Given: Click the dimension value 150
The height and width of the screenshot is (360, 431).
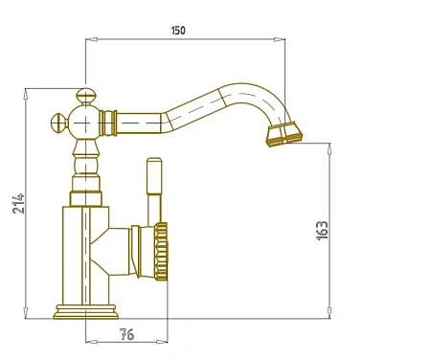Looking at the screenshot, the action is pos(178,31).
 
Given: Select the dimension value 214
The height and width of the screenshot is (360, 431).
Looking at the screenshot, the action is pos(18,203).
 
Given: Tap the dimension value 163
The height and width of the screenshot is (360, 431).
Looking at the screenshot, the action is pos(322,230).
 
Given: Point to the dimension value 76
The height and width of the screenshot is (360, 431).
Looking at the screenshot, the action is pos(126,334).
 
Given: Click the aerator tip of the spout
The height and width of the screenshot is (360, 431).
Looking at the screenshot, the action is pos(284,134).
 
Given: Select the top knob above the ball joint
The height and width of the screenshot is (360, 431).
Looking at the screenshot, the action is pos(86,97).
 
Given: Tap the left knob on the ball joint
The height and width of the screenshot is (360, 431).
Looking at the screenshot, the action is pos(59,123).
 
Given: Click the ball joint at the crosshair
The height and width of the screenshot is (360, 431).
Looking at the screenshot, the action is pos(85,123).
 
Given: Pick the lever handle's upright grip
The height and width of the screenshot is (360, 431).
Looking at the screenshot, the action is pos(154,176).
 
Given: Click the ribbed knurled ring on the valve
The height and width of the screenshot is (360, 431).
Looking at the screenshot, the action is pos(161,252).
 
